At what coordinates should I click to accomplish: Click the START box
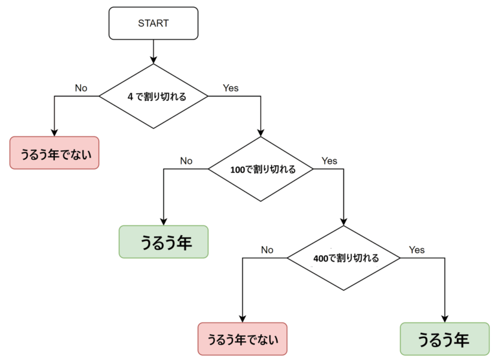pos(153,23)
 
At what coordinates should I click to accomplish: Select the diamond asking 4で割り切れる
pos(153,96)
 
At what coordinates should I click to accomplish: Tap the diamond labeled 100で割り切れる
pos(260,170)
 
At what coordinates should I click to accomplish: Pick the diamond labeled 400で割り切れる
pos(344,258)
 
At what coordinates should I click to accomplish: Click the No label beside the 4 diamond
pos(81,87)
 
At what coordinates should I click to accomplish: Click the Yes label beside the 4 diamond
pos(230,87)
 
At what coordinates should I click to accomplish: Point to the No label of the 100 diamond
pos(186,161)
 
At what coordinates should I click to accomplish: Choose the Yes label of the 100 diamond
pos(329,161)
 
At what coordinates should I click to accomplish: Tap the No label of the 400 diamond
pos(267,249)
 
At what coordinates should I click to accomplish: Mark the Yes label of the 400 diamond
pos(417,249)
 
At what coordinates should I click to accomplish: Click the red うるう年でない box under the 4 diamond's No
pos(54,153)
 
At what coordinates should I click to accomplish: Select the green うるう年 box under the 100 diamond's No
pos(164,242)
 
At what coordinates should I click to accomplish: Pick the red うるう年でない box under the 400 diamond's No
pos(241,339)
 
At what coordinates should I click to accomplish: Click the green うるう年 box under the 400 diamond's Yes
pos(444,339)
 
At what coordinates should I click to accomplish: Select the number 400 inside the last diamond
pos(321,258)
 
